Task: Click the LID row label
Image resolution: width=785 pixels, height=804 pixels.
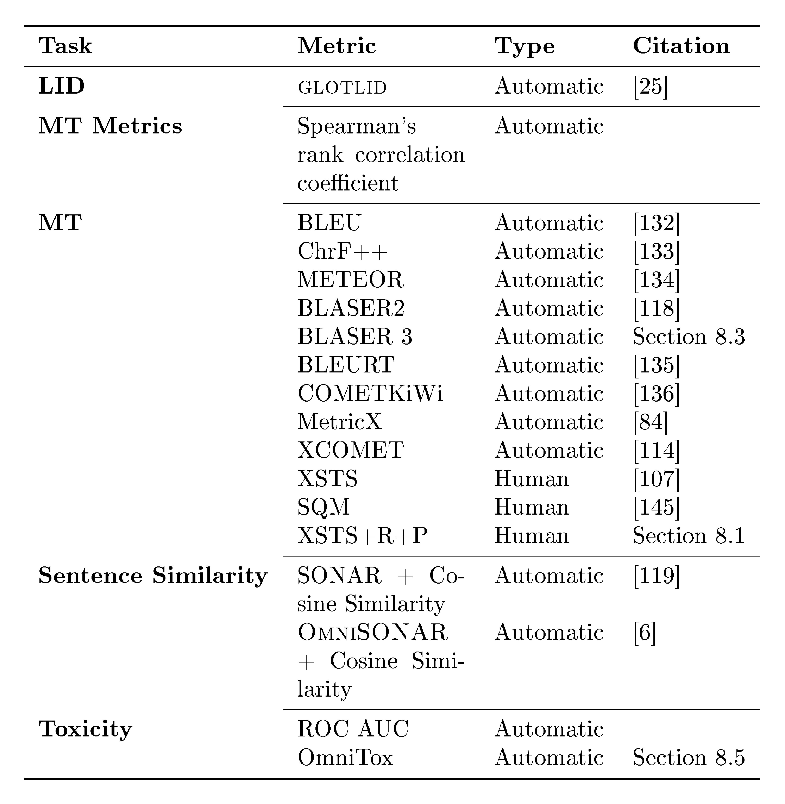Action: pos(61,86)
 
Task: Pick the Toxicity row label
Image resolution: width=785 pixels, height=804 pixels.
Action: pos(85,729)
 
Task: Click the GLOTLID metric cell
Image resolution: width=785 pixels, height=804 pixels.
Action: pos(342,87)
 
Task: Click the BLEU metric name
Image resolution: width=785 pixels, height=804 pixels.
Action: pos(329,223)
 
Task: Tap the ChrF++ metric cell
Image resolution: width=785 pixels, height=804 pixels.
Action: pos(343,251)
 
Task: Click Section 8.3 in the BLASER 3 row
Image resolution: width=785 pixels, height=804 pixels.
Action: pos(689,337)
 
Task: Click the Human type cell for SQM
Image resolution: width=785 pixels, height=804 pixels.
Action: pos(532,507)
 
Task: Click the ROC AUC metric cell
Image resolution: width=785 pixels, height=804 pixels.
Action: pos(353,729)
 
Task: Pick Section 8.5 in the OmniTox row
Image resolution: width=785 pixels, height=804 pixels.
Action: pos(689,757)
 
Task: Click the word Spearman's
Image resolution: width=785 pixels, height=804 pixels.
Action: pos(357,126)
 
